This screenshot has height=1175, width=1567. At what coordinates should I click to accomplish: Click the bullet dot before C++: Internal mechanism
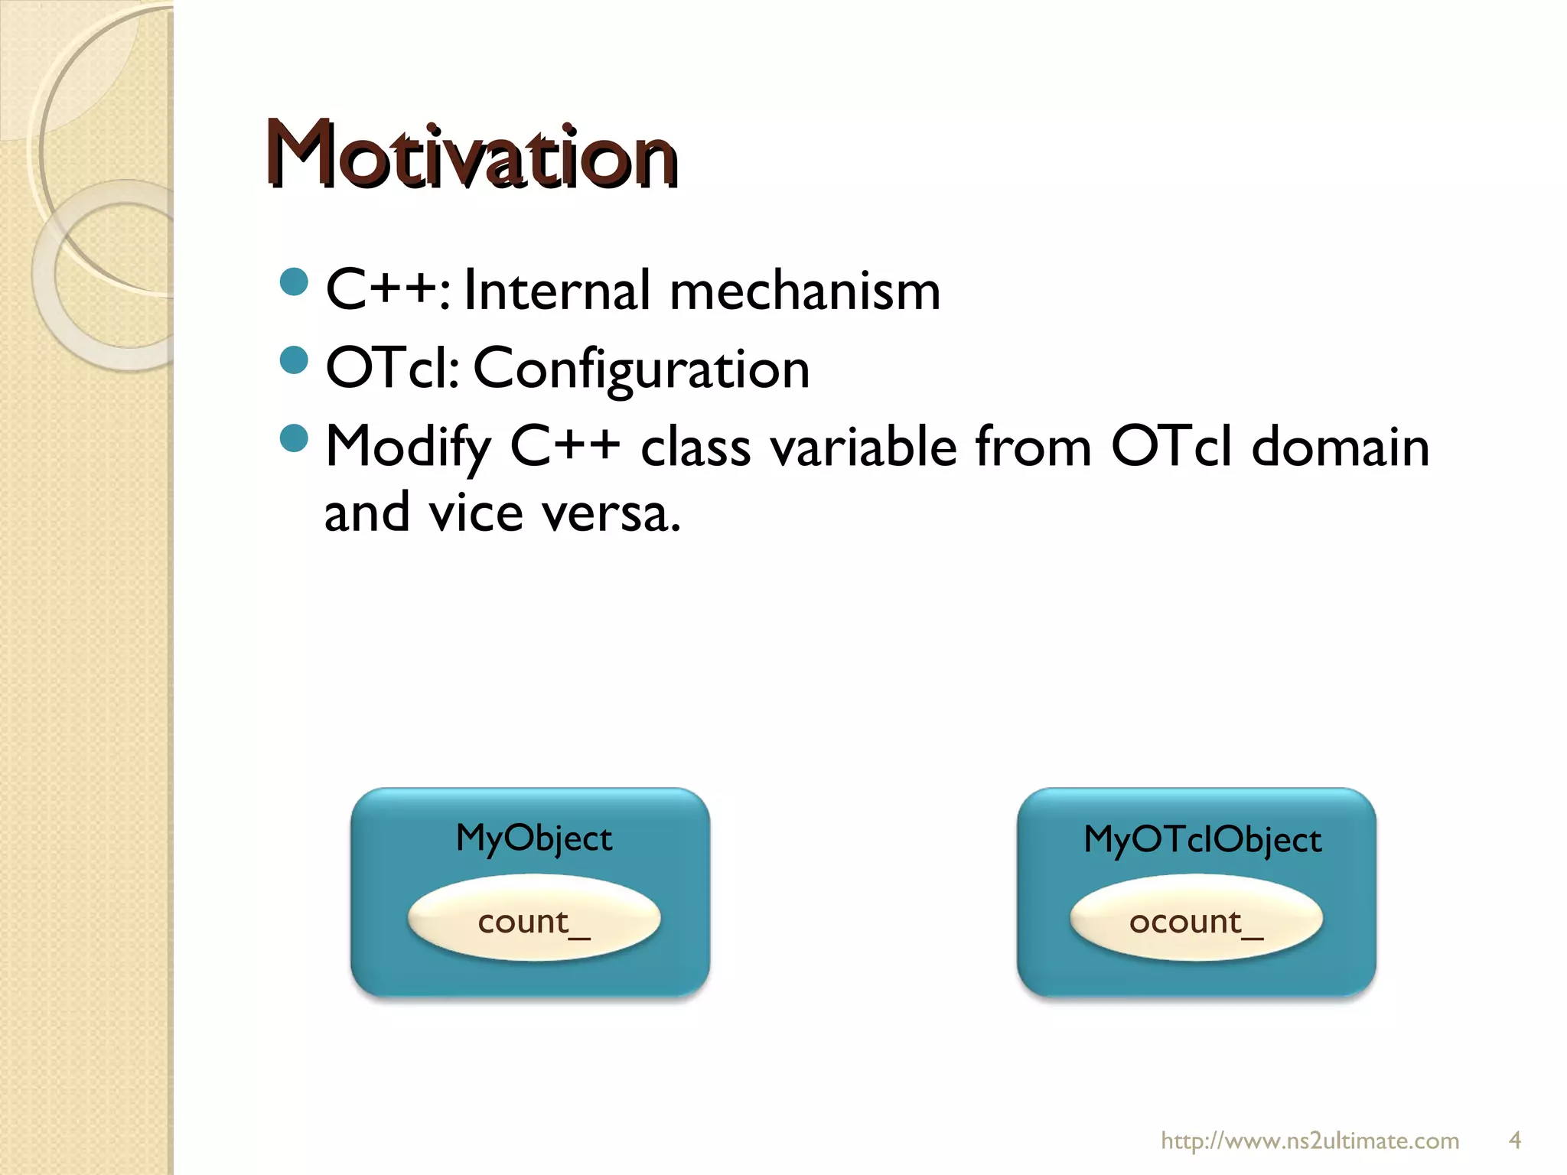pyautogui.click(x=294, y=282)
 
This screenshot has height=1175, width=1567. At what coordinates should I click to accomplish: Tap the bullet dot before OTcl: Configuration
pyautogui.click(x=294, y=360)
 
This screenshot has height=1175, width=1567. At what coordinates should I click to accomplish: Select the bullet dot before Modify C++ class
pyautogui.click(x=294, y=438)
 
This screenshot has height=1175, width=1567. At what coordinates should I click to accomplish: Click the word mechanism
pyautogui.click(x=804, y=291)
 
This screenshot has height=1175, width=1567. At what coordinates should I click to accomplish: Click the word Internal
pyautogui.click(x=557, y=291)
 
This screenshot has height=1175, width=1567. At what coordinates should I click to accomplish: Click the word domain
pyautogui.click(x=1340, y=446)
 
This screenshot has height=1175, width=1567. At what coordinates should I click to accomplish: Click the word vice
pyautogui.click(x=475, y=513)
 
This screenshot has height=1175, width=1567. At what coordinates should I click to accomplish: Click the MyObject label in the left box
pyautogui.click(x=533, y=838)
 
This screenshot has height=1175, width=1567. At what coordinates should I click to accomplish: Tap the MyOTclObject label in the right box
pyautogui.click(x=1202, y=840)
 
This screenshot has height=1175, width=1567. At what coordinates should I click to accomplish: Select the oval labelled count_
pyautogui.click(x=533, y=920)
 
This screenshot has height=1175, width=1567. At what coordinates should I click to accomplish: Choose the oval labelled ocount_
pyautogui.click(x=1196, y=920)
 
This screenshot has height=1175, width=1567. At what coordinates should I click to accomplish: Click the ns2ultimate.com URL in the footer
pyautogui.click(x=1310, y=1141)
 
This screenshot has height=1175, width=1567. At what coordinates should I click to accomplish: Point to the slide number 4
pyautogui.click(x=1514, y=1141)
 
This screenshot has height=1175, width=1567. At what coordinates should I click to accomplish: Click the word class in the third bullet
pyautogui.click(x=696, y=446)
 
